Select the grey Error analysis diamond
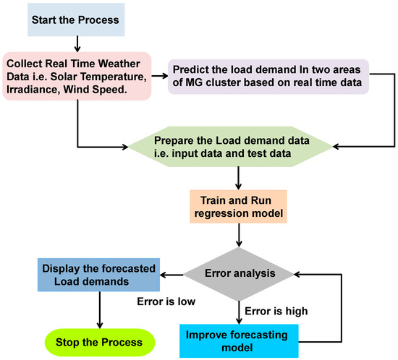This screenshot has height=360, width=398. [x=238, y=275]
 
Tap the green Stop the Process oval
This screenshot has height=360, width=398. [x=97, y=342]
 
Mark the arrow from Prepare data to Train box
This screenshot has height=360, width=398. [x=238, y=177]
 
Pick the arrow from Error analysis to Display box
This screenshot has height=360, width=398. [x=172, y=275]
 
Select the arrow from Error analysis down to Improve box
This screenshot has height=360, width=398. [x=238, y=309]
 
